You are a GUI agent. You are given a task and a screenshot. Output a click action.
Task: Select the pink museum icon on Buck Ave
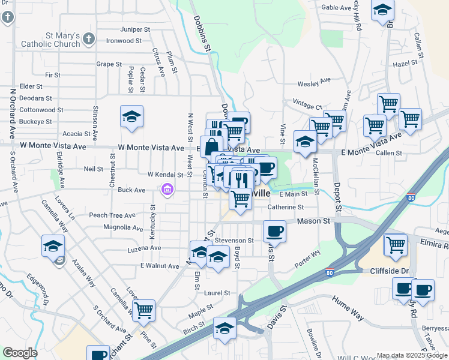(167, 190)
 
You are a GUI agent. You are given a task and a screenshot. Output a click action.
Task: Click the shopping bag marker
(211, 146)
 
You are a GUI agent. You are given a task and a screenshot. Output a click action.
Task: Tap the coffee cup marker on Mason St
(275, 230)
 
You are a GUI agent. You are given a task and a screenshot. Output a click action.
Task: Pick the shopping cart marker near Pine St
(143, 310)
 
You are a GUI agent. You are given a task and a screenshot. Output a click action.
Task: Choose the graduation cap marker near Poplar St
(132, 116)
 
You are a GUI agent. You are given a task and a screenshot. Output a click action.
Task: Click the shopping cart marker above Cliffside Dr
(396, 245)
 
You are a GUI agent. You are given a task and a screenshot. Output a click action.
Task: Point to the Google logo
(20, 353)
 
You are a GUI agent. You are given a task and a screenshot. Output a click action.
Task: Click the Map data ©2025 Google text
(411, 355)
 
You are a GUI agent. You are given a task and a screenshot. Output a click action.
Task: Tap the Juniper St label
(135, 29)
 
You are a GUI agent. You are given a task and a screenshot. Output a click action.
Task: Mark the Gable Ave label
(336, 8)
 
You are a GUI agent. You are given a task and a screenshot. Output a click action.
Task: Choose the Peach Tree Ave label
(112, 215)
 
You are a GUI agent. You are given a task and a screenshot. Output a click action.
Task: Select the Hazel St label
(405, 63)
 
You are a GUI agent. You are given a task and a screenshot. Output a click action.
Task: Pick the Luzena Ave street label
(144, 248)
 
